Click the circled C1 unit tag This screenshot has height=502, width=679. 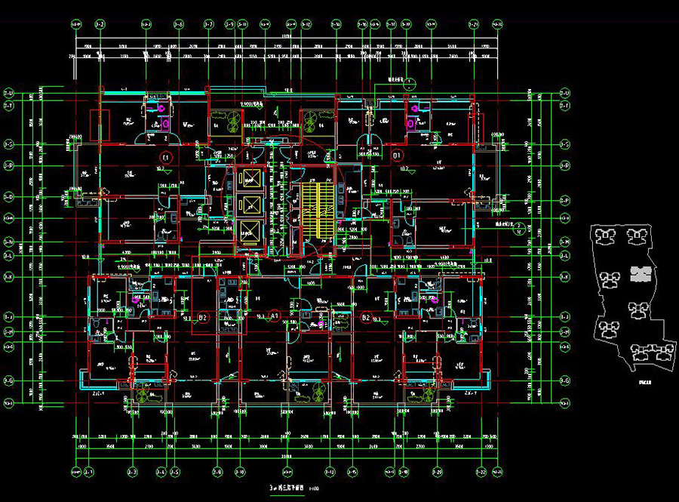click(167, 157)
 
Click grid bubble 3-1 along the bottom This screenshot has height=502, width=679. click(88, 472)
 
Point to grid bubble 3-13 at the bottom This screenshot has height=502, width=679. click(331, 472)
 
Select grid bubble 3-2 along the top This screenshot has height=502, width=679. click(100, 25)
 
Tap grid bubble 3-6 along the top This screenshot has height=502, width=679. click(179, 25)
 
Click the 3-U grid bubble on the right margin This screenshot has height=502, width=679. click(564, 94)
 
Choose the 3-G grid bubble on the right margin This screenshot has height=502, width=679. click(564, 381)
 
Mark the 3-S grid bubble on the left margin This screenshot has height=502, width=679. click(9, 143)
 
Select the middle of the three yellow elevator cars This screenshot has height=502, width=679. click(248, 204)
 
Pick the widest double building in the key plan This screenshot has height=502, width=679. click(650, 354)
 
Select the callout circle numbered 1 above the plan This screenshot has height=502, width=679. click(409, 84)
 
